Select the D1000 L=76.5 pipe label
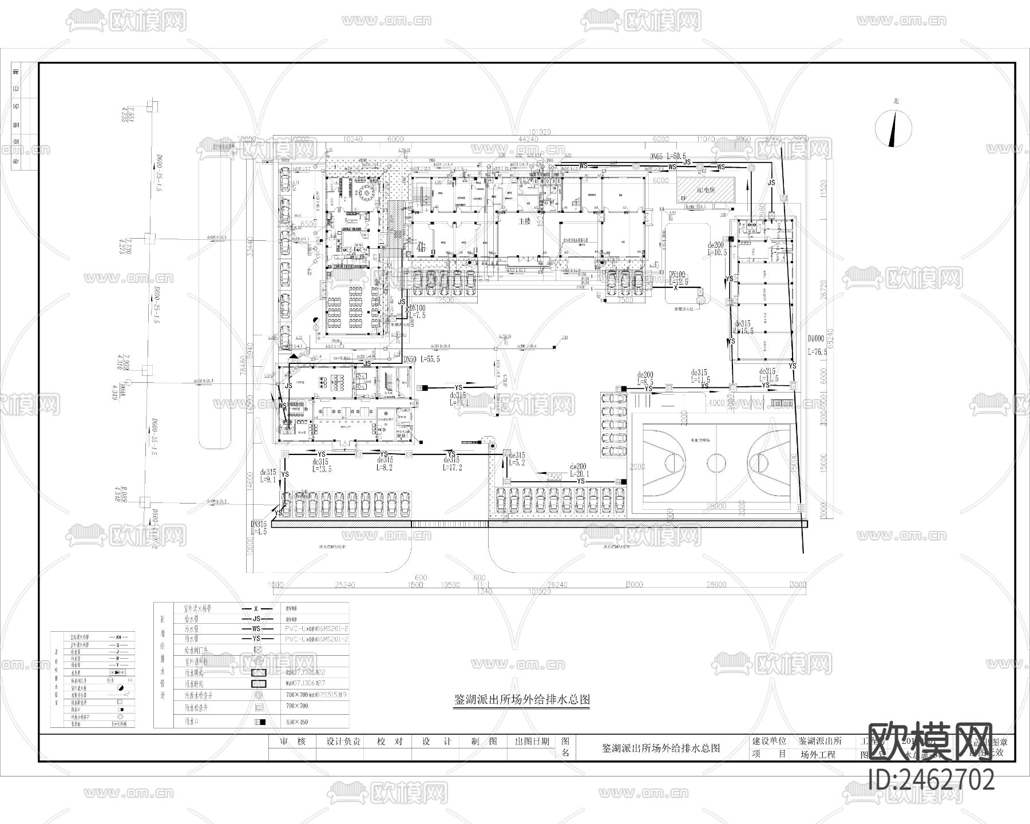pyautogui.click(x=818, y=345)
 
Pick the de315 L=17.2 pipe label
pyautogui.click(x=452, y=464)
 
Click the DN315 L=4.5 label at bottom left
pyautogui.click(x=259, y=528)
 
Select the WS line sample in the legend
pyautogui.click(x=255, y=629)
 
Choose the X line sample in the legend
pyautogui.click(x=255, y=609)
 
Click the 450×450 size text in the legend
pyautogui.click(x=296, y=722)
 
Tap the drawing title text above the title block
pyautogui.click(x=521, y=699)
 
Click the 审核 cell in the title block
pyautogui.click(x=292, y=741)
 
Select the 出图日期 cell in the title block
pyautogui.click(x=532, y=741)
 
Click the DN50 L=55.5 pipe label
pyautogui.click(x=421, y=359)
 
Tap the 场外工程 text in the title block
pyautogui.click(x=818, y=754)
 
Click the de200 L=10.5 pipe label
pyautogui.click(x=716, y=248)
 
